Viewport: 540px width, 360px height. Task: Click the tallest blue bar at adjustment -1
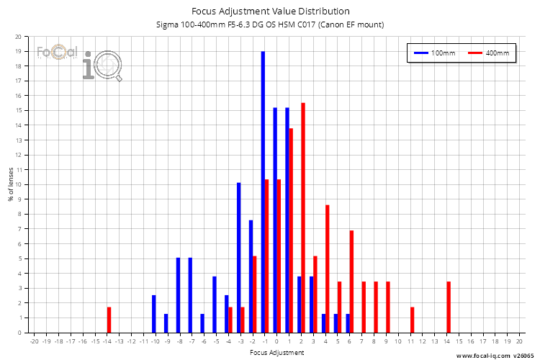click(x=263, y=192)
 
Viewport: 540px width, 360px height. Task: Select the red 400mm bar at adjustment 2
click(x=303, y=218)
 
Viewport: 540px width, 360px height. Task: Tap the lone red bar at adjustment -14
click(x=109, y=320)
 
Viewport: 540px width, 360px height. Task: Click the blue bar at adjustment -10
click(x=153, y=314)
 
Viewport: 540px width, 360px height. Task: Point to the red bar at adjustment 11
click(x=412, y=320)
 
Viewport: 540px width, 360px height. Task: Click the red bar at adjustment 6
click(x=351, y=282)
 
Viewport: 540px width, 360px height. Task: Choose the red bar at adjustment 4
click(x=327, y=269)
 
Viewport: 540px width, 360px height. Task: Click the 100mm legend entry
click(x=432, y=53)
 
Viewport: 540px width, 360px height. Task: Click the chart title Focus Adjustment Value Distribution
click(x=270, y=11)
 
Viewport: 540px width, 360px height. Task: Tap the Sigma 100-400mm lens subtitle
click(x=270, y=24)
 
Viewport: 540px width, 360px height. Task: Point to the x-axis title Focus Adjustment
click(x=276, y=353)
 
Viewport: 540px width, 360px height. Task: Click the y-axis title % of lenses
click(x=11, y=185)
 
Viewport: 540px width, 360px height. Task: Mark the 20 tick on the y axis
click(x=18, y=37)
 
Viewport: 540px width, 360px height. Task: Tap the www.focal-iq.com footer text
click(x=496, y=355)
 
